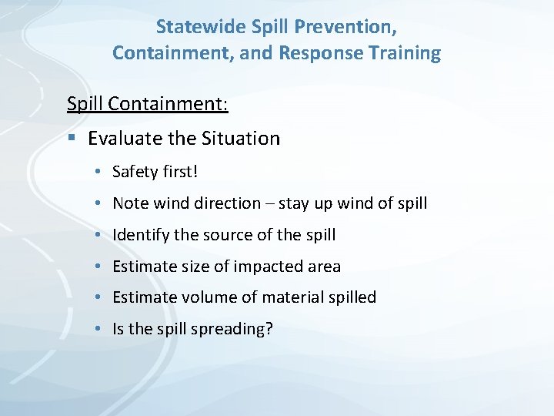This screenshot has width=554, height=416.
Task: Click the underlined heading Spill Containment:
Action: (147, 102)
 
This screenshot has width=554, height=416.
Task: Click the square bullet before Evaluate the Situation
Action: (72, 139)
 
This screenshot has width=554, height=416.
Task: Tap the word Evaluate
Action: (122, 139)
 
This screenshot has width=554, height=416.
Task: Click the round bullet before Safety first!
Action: (100, 172)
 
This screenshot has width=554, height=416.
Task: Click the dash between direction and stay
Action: (269, 204)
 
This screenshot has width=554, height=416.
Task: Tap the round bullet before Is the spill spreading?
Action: (100, 329)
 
